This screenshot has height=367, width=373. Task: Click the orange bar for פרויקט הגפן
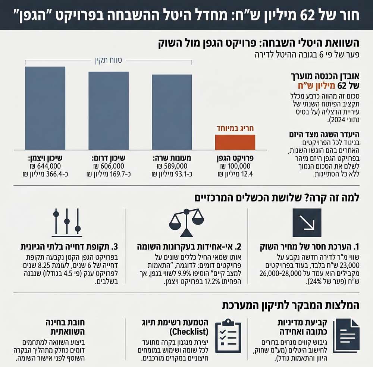point(235,142)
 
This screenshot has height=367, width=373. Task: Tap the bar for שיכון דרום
point(109,110)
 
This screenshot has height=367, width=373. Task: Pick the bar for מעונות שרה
point(172,112)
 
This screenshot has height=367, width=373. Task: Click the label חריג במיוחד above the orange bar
point(235,129)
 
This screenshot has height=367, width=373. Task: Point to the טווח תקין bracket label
point(109,59)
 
